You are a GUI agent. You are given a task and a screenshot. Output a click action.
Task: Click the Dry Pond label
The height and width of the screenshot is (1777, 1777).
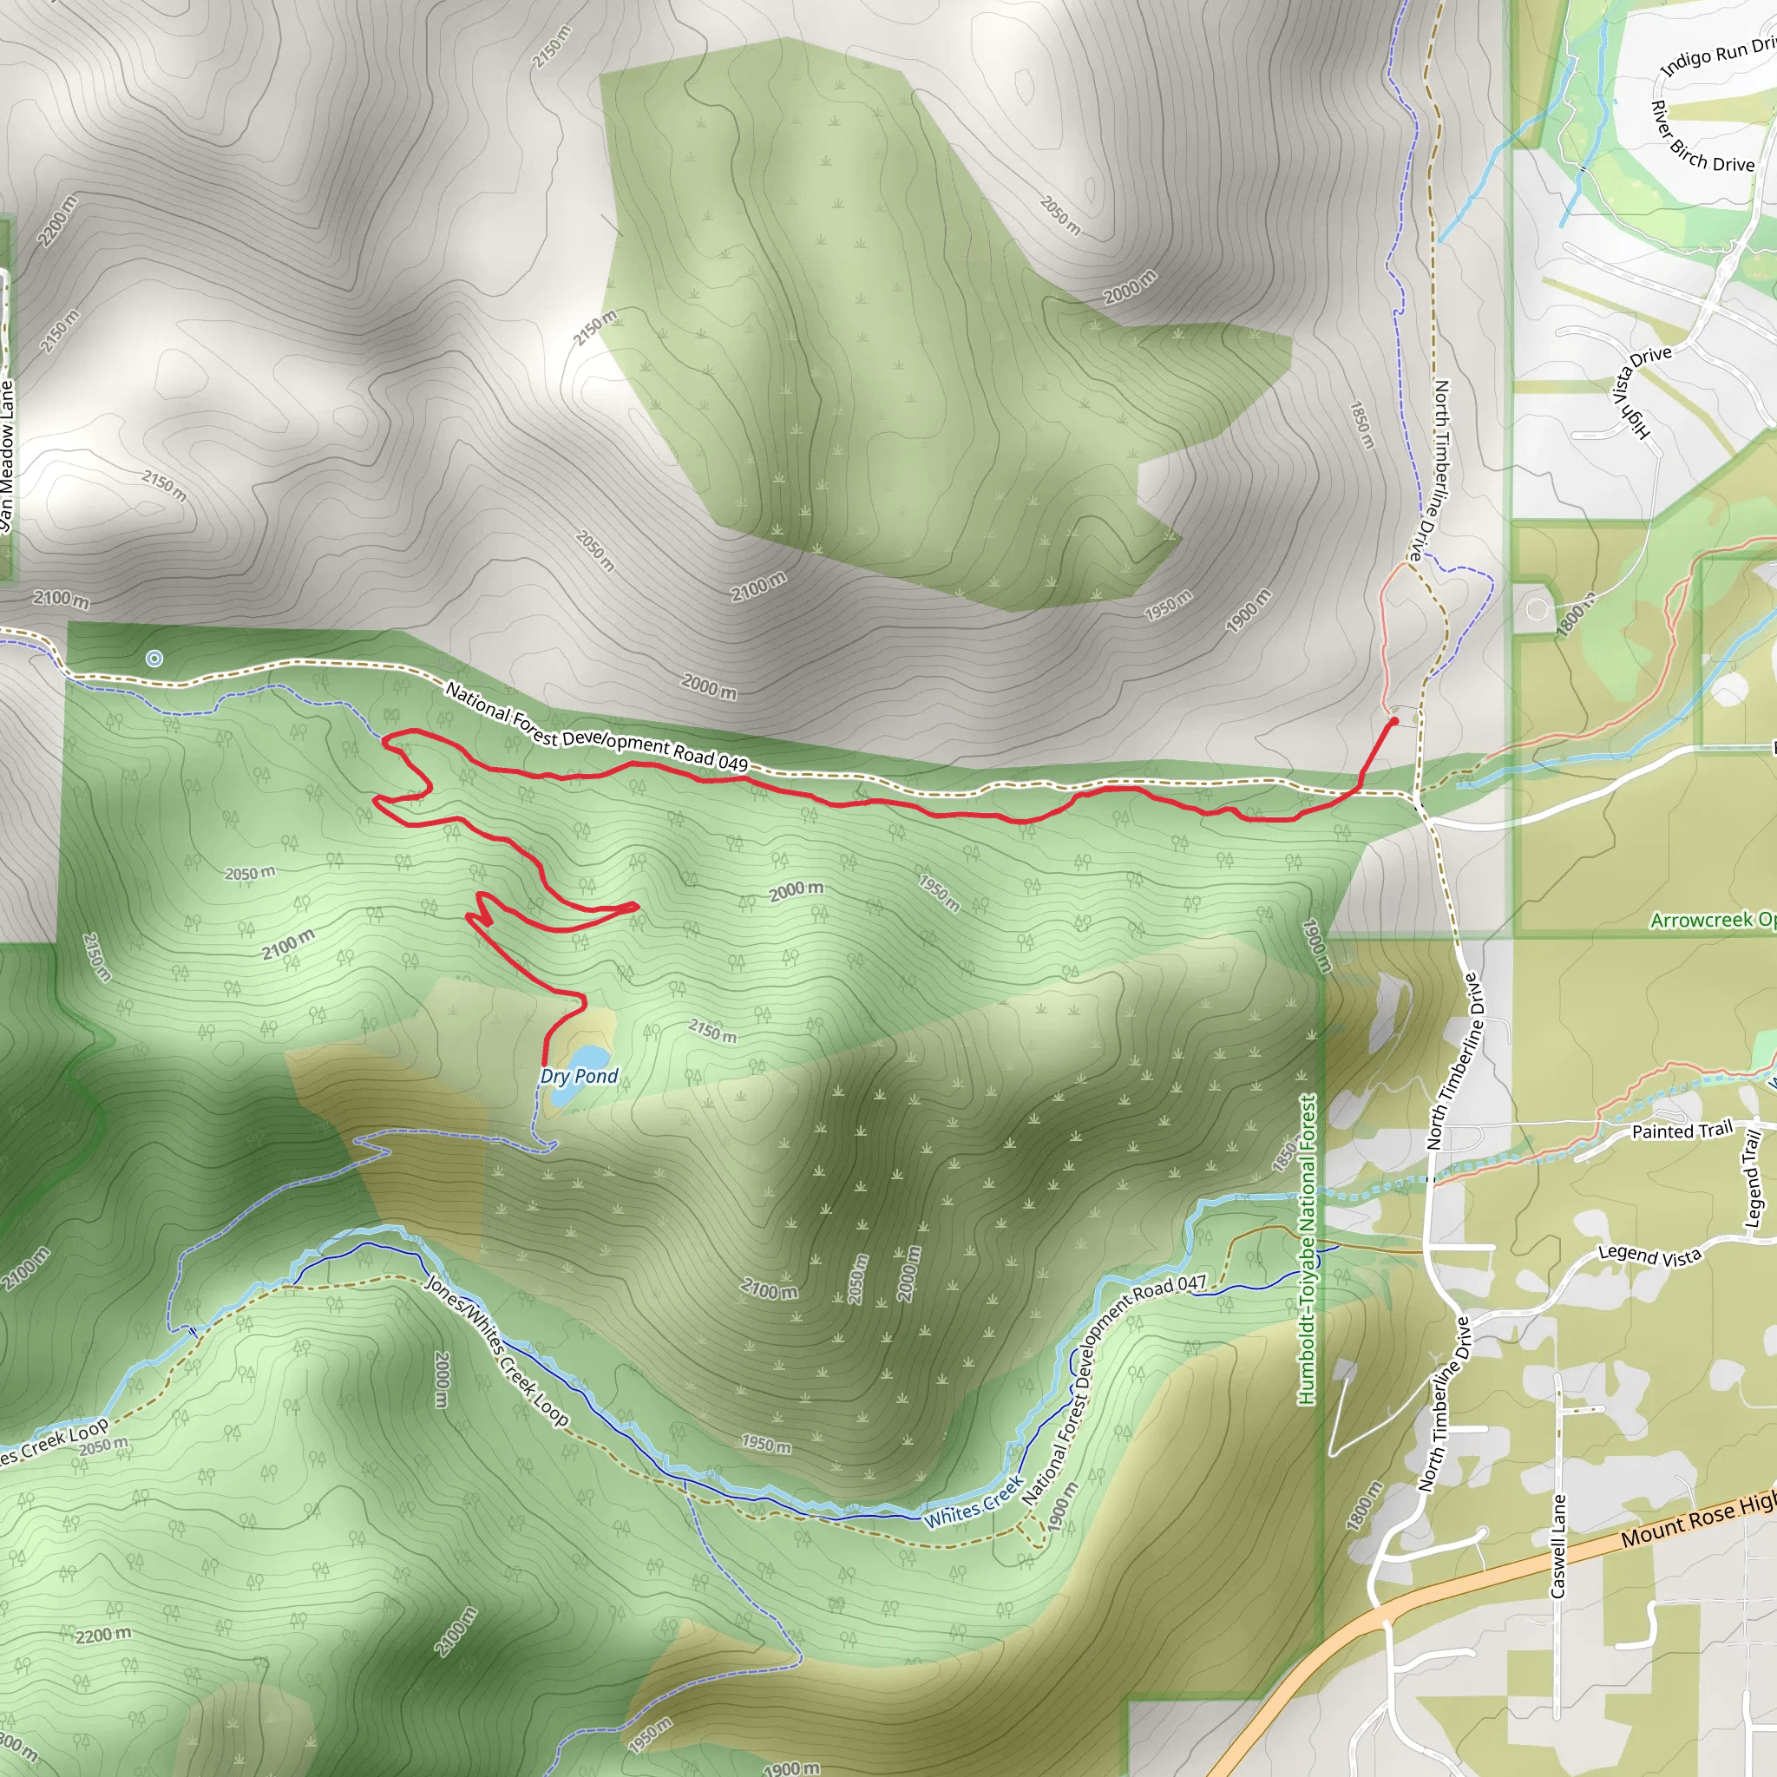pyautogui.click(x=579, y=1076)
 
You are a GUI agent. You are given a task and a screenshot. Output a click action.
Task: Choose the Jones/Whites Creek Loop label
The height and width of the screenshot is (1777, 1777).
pyautogui.click(x=496, y=1349)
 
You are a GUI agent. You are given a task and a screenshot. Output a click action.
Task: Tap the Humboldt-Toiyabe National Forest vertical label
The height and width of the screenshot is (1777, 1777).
pyautogui.click(x=1306, y=1249)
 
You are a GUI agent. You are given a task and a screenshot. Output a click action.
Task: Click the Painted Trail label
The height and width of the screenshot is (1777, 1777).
pyautogui.click(x=1682, y=1131)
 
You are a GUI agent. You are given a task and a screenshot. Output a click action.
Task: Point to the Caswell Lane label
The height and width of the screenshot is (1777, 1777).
pyautogui.click(x=1557, y=1545)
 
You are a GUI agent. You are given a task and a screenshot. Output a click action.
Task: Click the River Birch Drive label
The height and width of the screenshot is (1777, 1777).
pyautogui.click(x=1701, y=139)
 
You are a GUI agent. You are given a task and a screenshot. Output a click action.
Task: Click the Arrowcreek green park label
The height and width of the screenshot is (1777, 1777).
pyautogui.click(x=1712, y=920)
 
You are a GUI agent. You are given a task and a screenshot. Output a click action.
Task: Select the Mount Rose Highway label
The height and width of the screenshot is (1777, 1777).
pyautogui.click(x=1697, y=1522)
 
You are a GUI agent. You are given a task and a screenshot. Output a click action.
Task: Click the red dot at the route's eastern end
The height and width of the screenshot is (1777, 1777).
pyautogui.click(x=1393, y=721)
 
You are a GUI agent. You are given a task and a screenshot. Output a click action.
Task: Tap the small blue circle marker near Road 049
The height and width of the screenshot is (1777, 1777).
pyautogui.click(x=154, y=658)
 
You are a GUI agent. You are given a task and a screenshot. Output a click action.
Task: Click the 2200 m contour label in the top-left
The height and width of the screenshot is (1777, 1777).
pyautogui.click(x=57, y=220)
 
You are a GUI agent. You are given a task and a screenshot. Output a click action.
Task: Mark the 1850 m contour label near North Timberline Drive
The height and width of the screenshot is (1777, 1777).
pyautogui.click(x=1361, y=424)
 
